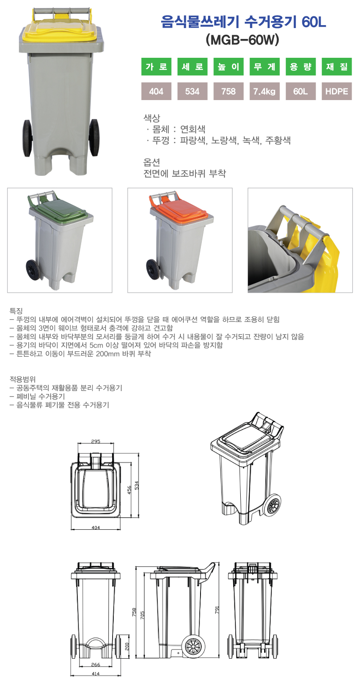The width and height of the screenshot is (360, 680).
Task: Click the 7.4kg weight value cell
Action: (265, 91)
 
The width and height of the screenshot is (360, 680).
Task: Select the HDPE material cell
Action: (337, 91)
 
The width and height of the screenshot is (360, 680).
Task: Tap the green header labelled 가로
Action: (156, 67)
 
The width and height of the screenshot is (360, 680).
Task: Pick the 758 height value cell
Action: (228, 91)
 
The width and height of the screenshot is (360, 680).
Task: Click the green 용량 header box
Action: (301, 67)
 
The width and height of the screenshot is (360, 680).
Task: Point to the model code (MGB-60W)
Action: (242, 40)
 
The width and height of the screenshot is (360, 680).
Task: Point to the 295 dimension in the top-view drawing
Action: (95, 441)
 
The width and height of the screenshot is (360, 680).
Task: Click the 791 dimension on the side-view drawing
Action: (217, 610)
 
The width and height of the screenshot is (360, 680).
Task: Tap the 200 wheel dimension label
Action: (127, 647)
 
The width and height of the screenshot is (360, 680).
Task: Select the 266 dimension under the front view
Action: (95, 665)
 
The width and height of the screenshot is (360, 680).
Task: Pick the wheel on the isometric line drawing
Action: (272, 505)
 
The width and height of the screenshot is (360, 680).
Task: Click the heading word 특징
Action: (16, 311)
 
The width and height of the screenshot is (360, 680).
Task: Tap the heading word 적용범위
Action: (23, 379)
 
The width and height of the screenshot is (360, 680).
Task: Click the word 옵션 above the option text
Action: (152, 162)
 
